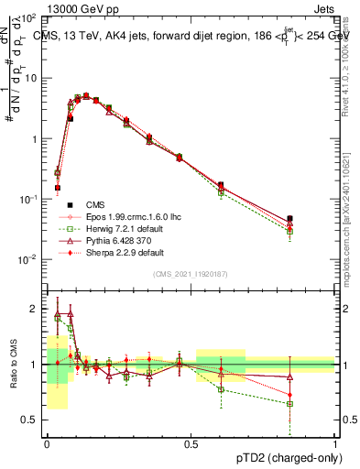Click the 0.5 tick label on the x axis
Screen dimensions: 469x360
[x=191, y=444]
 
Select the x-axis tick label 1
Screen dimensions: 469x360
[x=334, y=444]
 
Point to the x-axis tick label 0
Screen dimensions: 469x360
[x=47, y=444]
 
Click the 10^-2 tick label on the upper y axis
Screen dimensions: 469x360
[x=29, y=259]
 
